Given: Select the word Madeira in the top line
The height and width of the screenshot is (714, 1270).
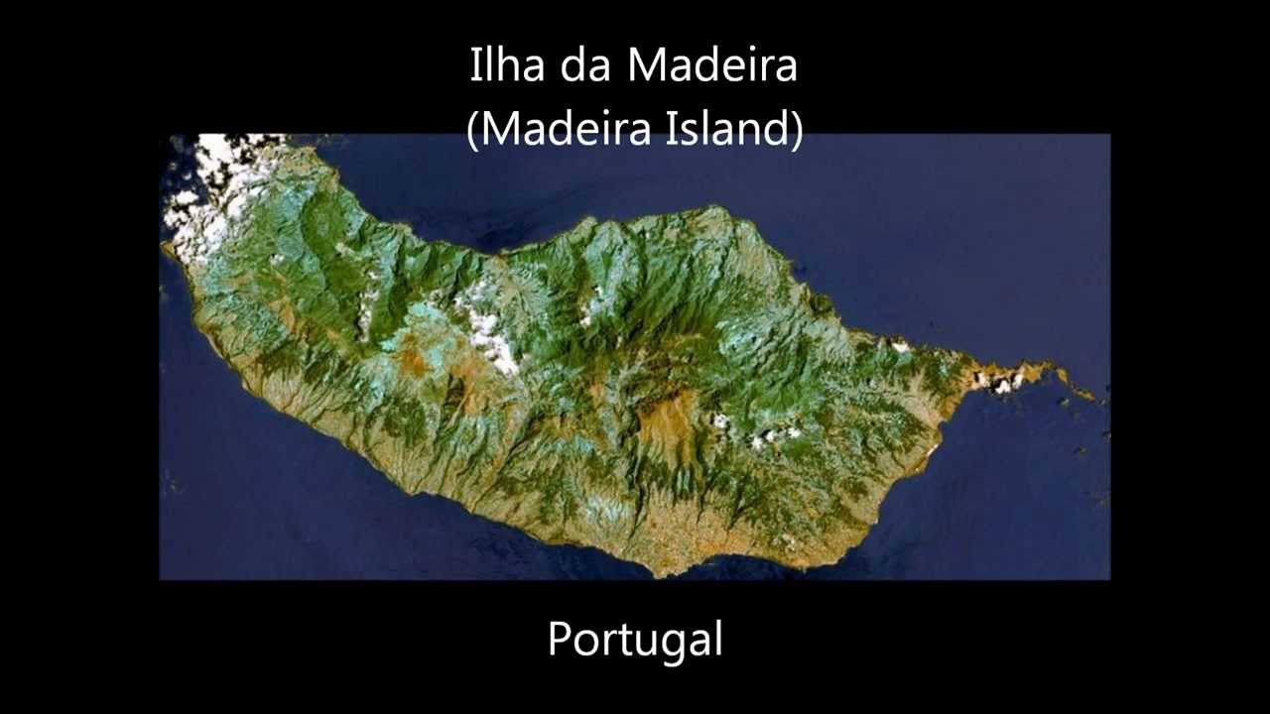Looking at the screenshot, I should pyautogui.click(x=711, y=65).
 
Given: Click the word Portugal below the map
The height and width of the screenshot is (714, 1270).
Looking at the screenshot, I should pyautogui.click(x=635, y=640).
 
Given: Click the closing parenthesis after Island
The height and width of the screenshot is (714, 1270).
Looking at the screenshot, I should pyautogui.click(x=798, y=129).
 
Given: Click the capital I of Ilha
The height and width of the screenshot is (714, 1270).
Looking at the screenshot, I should pyautogui.click(x=474, y=65).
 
